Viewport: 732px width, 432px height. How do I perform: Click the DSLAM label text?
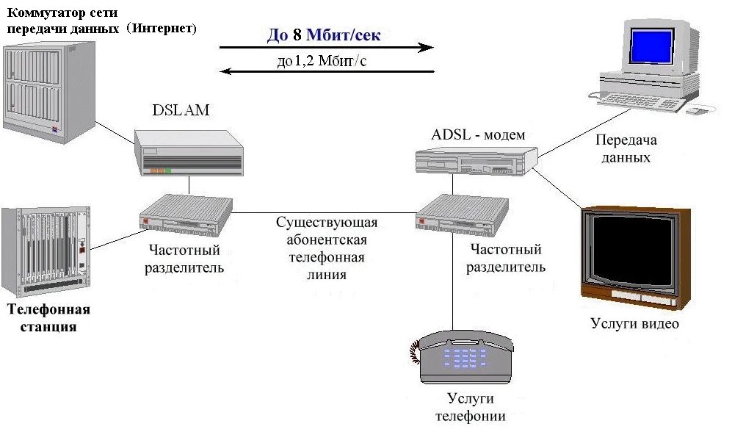click(x=181, y=111)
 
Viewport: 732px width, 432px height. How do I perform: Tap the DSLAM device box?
click(x=189, y=153)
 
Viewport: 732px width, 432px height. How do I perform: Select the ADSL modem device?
click(x=476, y=157)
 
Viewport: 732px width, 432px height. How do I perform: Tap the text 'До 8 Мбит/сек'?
click(x=324, y=35)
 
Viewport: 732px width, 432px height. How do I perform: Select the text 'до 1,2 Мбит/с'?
click(x=322, y=62)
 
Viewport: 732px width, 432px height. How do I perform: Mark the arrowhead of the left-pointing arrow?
click(x=228, y=71)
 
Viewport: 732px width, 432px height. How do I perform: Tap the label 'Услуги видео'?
click(x=634, y=324)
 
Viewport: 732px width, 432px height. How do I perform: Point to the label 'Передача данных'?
click(x=625, y=148)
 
